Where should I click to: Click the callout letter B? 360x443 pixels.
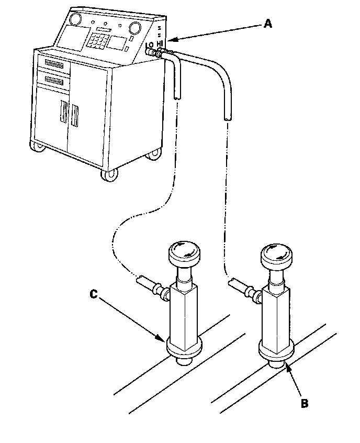(x=305, y=403)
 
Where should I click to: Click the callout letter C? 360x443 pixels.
(x=93, y=294)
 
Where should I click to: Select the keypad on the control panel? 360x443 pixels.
(x=103, y=40)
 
